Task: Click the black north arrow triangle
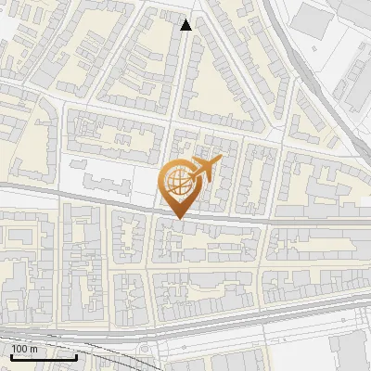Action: (x=186, y=25)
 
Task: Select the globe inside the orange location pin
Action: (x=176, y=183)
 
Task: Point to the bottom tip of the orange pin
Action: (x=177, y=219)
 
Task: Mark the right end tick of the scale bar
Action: (x=76, y=354)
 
